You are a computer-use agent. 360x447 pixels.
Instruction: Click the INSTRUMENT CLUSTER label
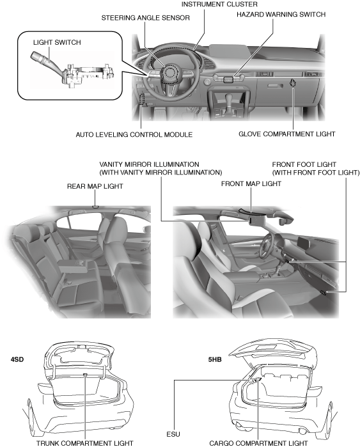(219, 4)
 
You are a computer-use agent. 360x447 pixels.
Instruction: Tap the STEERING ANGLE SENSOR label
(145, 18)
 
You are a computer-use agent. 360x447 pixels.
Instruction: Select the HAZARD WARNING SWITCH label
(281, 14)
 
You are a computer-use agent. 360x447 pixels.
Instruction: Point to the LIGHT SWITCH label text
(57, 42)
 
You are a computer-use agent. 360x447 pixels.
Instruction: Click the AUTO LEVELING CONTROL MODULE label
(134, 134)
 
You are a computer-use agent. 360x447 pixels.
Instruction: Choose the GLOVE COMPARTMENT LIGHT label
(286, 134)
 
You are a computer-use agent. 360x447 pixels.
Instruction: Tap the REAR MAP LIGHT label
(95, 186)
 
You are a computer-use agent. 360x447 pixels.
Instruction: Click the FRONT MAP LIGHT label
(251, 184)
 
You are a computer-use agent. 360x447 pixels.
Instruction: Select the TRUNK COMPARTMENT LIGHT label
(84, 443)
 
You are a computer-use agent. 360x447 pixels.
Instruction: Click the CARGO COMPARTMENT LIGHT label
(258, 443)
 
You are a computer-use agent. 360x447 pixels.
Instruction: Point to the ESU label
(173, 434)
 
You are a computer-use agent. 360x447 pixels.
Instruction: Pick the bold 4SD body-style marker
(17, 359)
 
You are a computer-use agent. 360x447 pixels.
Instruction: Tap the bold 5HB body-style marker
(215, 359)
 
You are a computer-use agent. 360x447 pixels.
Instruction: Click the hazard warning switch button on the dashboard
(229, 79)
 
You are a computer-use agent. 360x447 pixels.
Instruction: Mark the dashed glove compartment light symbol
(292, 84)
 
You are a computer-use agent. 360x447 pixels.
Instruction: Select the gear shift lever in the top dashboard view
(229, 102)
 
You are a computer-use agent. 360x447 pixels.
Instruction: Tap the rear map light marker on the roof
(95, 207)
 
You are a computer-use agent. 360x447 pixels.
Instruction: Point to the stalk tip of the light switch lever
(34, 55)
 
